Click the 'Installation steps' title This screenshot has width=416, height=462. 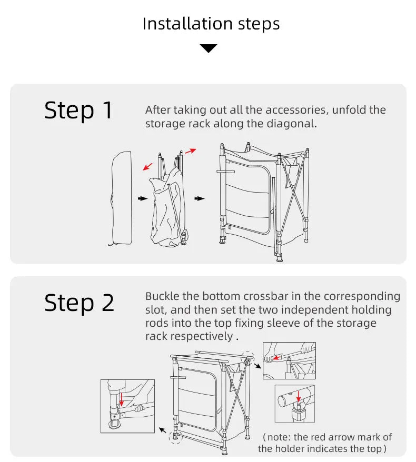pos(211,24)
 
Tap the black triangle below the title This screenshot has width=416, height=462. pos(209,48)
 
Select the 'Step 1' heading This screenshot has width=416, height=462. pos(78,111)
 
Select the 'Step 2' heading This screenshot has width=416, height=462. pos(79,304)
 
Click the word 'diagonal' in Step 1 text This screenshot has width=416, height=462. pos(296,124)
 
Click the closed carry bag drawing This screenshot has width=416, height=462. pos(122,198)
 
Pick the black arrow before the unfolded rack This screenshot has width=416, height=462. pos(199,199)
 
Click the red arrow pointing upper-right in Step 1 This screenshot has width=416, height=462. pos(191,151)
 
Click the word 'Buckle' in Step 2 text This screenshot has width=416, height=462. pos(163,296)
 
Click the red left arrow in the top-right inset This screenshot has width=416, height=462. pos(273,357)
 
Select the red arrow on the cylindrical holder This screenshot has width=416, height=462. pos(298,395)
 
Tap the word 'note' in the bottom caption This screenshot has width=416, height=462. pos(280,437)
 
